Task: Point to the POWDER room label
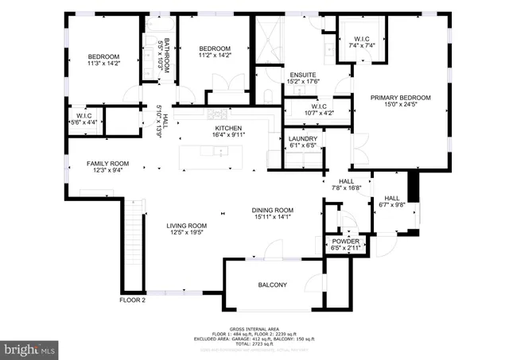pyautogui.click(x=345, y=241)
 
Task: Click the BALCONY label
pyautogui.click(x=272, y=285)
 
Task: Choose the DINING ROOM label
pyautogui.click(x=274, y=209)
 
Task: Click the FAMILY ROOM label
pyautogui.click(x=107, y=164)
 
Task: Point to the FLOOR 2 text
pyautogui.click(x=133, y=300)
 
